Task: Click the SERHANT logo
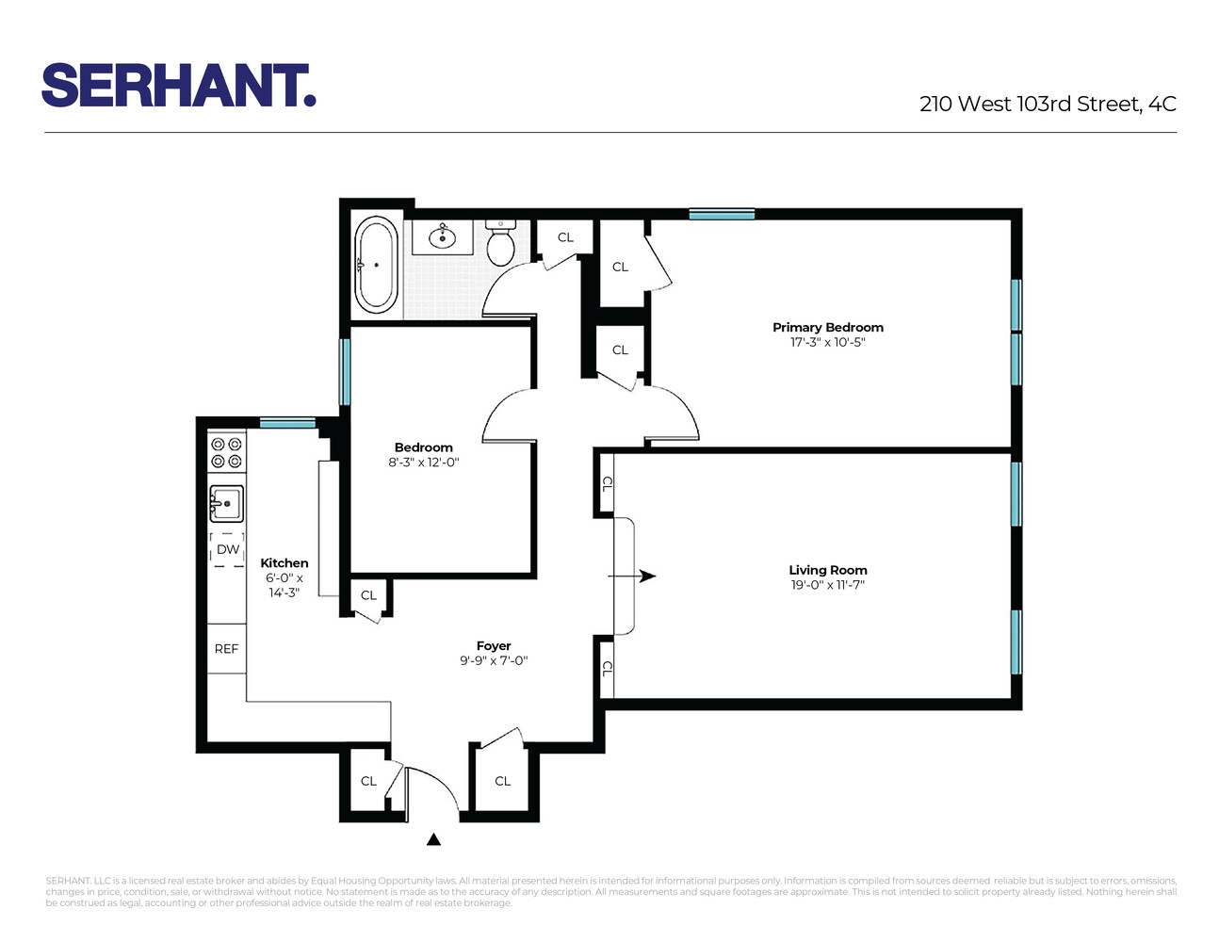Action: pos(178,86)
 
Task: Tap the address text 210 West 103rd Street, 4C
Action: pos(1048,105)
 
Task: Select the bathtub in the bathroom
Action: pos(376,265)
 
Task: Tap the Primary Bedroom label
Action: pos(827,328)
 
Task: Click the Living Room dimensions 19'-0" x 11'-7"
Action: pos(827,585)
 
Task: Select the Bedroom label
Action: pos(423,447)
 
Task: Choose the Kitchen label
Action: pos(284,563)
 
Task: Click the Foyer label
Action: pos(494,646)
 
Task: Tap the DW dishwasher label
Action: pos(228,549)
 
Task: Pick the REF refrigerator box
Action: pos(226,649)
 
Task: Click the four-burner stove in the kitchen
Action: pos(226,452)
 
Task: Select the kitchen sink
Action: pos(226,504)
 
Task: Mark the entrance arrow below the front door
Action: pos(433,839)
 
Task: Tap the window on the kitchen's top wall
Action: pos(287,423)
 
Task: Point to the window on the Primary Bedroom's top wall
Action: pos(722,215)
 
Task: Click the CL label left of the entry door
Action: pos(368,781)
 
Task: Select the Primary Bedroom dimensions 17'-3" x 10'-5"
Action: pos(827,343)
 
